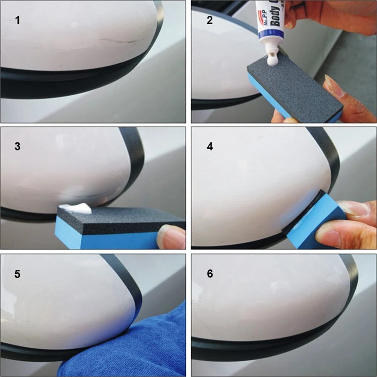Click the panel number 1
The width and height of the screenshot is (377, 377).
(17, 20)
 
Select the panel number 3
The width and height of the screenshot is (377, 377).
(17, 146)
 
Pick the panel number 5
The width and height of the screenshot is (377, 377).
(17, 274)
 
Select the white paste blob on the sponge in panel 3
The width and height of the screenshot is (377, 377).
(77, 208)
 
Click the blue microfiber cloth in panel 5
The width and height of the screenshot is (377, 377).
(151, 339)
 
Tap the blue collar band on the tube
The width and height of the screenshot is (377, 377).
(271, 37)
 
